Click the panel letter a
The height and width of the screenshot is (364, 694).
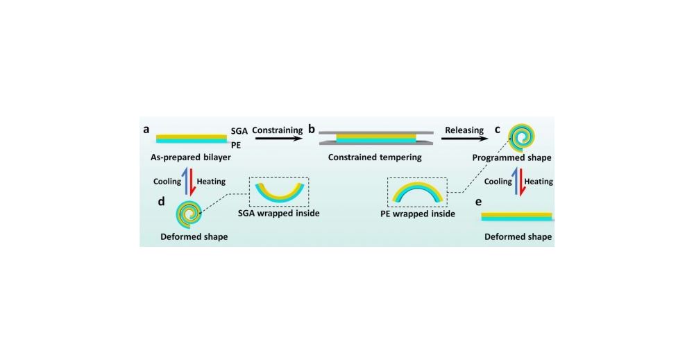146,130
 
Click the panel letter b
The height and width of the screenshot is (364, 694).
312,130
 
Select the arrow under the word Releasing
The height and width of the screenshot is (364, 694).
464,139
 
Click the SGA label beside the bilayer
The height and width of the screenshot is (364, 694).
239,130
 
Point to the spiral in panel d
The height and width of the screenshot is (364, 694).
189,214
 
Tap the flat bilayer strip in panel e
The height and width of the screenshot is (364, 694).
517,216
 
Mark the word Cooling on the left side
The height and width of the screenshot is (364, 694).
167,182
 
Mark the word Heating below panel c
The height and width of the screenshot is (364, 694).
539,182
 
